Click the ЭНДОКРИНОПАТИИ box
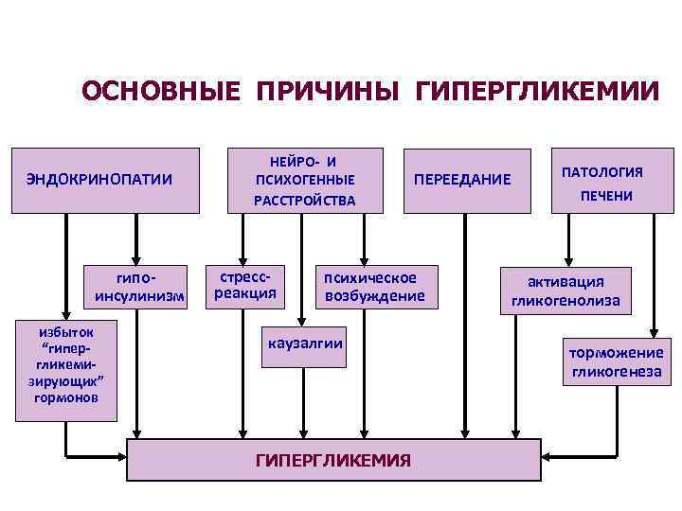[104, 179]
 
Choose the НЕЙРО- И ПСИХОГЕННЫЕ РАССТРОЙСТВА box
[304, 180]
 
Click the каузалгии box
[305, 349]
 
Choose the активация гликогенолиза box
[565, 291]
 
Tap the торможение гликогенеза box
[616, 362]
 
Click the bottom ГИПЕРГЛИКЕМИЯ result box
[333, 459]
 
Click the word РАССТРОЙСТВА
[304, 200]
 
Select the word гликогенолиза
[565, 302]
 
